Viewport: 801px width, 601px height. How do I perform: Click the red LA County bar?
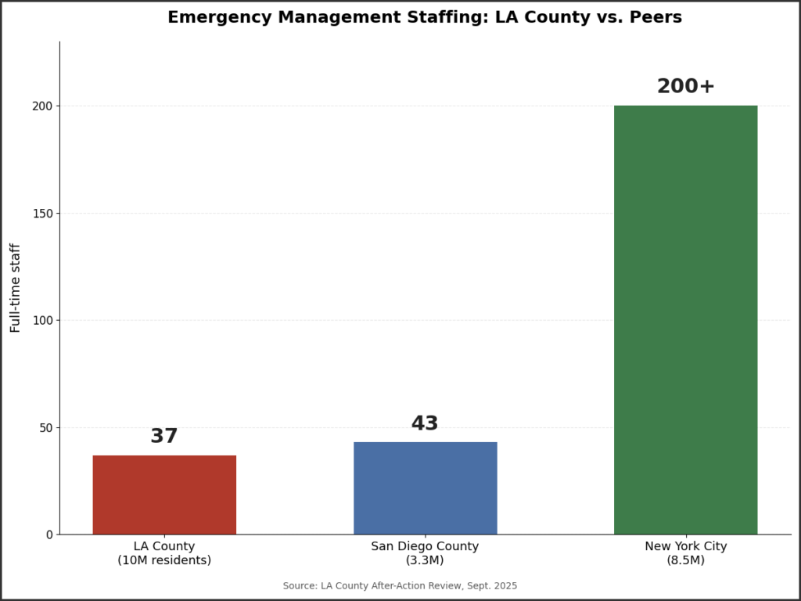(164, 495)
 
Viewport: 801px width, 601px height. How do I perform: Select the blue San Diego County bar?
(425, 488)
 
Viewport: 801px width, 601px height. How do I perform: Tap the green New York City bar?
(685, 320)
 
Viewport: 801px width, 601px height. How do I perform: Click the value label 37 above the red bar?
(164, 436)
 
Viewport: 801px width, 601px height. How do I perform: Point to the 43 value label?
(425, 423)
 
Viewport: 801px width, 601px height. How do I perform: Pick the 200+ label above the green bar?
(685, 86)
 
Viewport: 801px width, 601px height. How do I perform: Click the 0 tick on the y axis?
(49, 535)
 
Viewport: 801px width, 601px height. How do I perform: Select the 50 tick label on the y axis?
(46, 428)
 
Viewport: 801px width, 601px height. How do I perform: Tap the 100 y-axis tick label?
(43, 320)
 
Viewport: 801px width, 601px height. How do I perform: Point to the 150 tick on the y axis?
(43, 213)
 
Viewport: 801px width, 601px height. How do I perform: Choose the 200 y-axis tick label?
(43, 106)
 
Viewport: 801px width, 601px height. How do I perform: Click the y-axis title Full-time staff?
(16, 288)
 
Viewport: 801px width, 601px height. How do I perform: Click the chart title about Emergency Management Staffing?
(425, 17)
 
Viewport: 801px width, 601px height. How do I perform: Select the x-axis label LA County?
(164, 545)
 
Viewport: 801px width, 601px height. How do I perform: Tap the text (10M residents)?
(164, 560)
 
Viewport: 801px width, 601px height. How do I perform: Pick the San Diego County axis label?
(425, 545)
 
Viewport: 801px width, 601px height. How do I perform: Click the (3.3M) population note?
(425, 560)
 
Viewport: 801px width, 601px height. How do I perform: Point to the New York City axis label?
(685, 545)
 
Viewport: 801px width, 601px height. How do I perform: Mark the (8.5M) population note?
(685, 560)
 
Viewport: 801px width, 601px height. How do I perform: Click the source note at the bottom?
(400, 585)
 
